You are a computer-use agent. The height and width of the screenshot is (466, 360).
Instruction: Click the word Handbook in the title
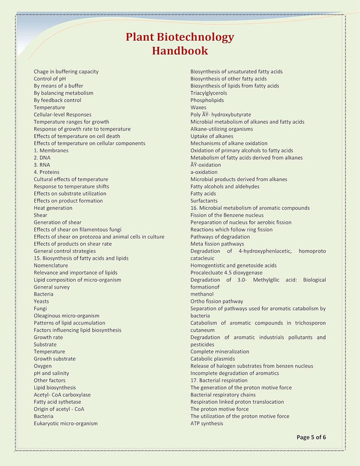[179, 50]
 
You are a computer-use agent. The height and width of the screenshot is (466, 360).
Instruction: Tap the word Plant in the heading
[142, 37]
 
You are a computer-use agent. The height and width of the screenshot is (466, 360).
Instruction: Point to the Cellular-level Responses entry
[62, 115]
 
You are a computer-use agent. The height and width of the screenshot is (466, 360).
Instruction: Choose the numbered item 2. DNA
[42, 158]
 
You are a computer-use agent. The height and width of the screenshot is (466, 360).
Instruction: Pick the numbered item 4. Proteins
[46, 172]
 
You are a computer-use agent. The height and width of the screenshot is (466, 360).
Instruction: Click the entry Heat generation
[53, 208]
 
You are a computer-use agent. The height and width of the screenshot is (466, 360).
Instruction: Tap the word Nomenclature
[50, 265]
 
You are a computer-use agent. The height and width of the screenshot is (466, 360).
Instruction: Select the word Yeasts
[41, 301]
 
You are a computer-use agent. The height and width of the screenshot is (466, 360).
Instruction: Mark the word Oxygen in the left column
[43, 366]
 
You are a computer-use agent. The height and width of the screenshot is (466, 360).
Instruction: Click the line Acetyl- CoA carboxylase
[62, 395]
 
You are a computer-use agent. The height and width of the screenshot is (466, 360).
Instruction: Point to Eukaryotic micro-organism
[65, 423]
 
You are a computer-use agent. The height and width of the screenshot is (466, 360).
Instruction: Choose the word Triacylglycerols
[209, 93]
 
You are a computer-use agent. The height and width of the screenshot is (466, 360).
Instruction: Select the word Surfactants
[203, 201]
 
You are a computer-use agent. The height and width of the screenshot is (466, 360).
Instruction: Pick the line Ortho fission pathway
[217, 301]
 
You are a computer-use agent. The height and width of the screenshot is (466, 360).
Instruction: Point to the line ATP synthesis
[206, 423]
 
